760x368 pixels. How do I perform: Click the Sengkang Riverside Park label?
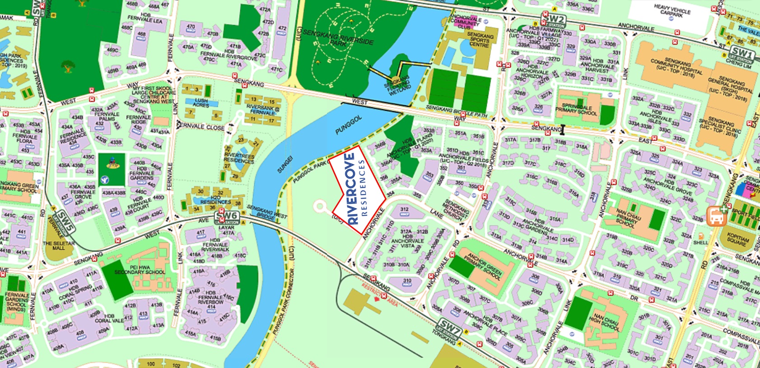[x=338, y=38]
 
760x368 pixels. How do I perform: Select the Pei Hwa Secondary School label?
[x=140, y=270]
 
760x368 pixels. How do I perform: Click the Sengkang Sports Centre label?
[x=480, y=40]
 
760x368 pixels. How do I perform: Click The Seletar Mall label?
[x=59, y=245]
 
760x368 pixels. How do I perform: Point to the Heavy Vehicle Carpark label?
[x=672, y=11]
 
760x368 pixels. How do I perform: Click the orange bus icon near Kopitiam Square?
[x=716, y=216]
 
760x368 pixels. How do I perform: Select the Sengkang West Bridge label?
[x=267, y=213]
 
